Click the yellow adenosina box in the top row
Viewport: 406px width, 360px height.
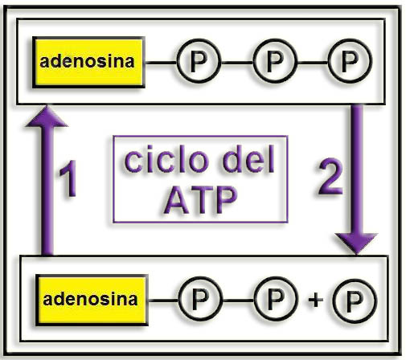tap(88, 63)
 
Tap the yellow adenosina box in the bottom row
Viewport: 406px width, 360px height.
tap(92, 300)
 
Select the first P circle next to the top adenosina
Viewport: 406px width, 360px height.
tap(199, 61)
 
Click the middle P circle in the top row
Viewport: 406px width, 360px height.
tap(275, 61)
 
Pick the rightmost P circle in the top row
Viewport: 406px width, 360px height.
tap(350, 61)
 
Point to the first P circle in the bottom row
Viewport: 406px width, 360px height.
tap(200, 299)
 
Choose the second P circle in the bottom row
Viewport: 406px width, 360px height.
tap(276, 299)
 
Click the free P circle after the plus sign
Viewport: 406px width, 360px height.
tap(355, 301)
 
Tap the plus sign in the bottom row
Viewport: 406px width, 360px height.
tap(315, 300)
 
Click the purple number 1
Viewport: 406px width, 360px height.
tap(69, 178)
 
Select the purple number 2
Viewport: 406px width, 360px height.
tap(330, 176)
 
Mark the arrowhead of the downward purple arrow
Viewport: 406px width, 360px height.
tap(356, 243)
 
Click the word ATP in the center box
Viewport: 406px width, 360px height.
tap(200, 200)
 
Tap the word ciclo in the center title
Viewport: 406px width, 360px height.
tap(166, 159)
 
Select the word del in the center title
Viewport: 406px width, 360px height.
tap(248, 159)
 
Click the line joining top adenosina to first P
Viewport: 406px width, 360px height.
tap(161, 63)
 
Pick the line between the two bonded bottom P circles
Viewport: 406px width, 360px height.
tap(239, 301)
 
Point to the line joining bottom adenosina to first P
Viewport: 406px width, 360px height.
tap(163, 301)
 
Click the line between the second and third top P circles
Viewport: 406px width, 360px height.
tap(313, 63)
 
